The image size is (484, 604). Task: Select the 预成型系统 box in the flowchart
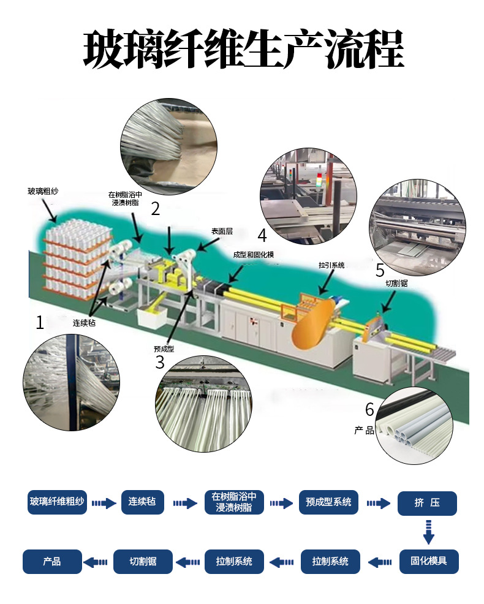coord(328,503)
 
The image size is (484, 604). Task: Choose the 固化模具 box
coord(428,561)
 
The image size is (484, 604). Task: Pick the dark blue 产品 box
coord(52,561)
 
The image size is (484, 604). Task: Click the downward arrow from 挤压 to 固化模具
coord(428,532)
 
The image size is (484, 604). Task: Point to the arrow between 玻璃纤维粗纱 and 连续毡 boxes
coord(104,504)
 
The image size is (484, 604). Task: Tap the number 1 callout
coord(40,322)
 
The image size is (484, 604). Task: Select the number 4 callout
coord(262,235)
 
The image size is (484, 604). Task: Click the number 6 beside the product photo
coord(369,409)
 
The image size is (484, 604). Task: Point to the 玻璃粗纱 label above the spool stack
coord(43,191)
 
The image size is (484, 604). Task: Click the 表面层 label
coord(222,232)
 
